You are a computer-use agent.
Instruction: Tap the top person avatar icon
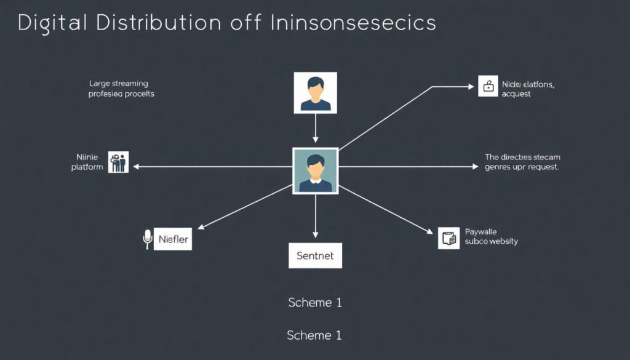point(316,93)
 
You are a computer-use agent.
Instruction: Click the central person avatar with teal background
point(315,170)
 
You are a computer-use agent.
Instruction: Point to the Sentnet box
point(315,255)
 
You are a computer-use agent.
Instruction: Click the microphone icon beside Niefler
point(147,239)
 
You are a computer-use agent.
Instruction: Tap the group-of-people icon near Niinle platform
point(118,162)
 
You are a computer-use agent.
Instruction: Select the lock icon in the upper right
point(488,86)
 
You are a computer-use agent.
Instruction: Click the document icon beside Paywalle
point(449,238)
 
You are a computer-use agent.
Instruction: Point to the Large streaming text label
point(119,83)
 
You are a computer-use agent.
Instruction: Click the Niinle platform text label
point(87,162)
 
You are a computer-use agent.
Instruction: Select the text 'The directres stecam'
point(522,157)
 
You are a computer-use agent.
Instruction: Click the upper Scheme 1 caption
point(314,303)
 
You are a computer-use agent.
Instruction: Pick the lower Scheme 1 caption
point(314,335)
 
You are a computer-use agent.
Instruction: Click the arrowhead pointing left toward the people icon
point(136,167)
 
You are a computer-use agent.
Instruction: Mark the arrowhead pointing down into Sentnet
point(316,235)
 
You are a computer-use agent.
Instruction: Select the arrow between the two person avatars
point(316,130)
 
